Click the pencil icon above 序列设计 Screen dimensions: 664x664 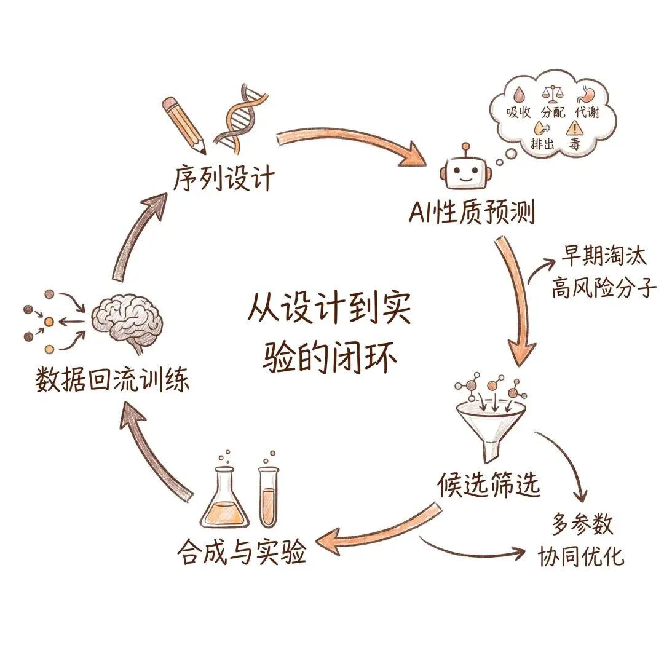pos(184,123)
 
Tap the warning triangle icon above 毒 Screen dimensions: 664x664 pos(574,128)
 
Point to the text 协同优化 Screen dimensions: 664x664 pos(581,556)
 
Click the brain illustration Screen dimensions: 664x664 pos(126,317)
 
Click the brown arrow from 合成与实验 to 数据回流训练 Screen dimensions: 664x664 pos(154,455)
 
